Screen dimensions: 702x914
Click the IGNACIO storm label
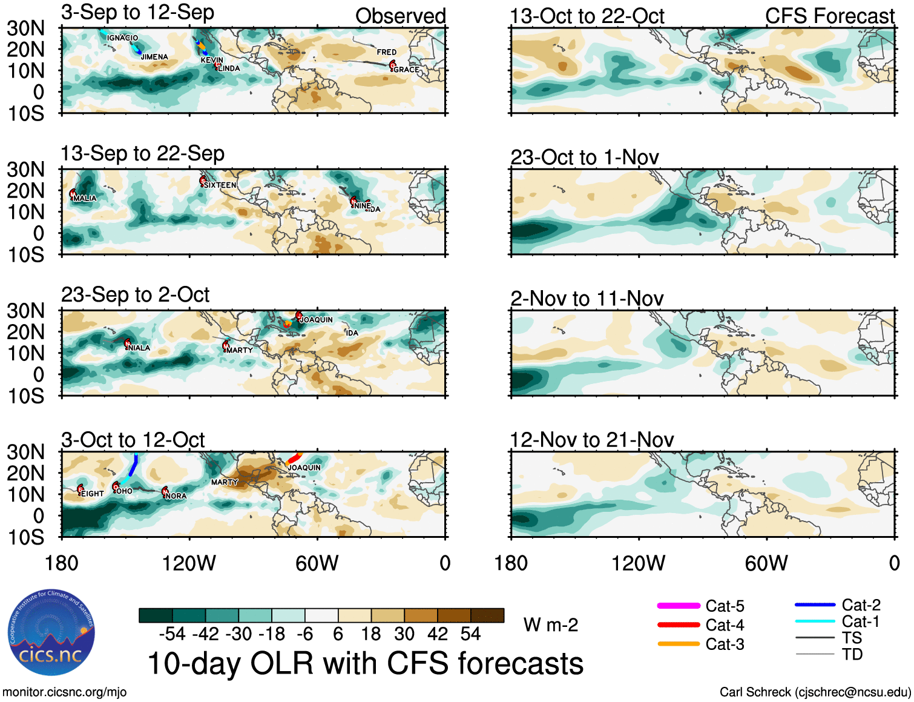122,38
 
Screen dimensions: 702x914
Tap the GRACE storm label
406,70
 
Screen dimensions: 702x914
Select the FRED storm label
386,52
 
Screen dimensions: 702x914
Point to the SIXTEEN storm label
220,185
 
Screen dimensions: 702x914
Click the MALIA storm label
84,198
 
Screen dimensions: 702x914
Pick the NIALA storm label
139,348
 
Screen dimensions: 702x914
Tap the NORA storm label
176,495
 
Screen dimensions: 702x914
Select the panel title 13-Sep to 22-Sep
142,154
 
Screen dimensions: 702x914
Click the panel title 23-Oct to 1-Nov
584,157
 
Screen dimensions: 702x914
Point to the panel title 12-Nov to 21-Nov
591,440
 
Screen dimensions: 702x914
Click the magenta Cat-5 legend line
679,606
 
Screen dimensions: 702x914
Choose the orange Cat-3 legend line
679,644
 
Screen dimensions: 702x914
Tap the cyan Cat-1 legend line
815,621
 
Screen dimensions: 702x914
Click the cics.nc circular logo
51,632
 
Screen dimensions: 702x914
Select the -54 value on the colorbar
172,634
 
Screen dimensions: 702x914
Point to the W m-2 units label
550,624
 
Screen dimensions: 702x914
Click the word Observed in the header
400,16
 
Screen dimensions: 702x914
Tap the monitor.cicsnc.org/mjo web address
64,692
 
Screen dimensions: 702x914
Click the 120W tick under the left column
189,563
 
